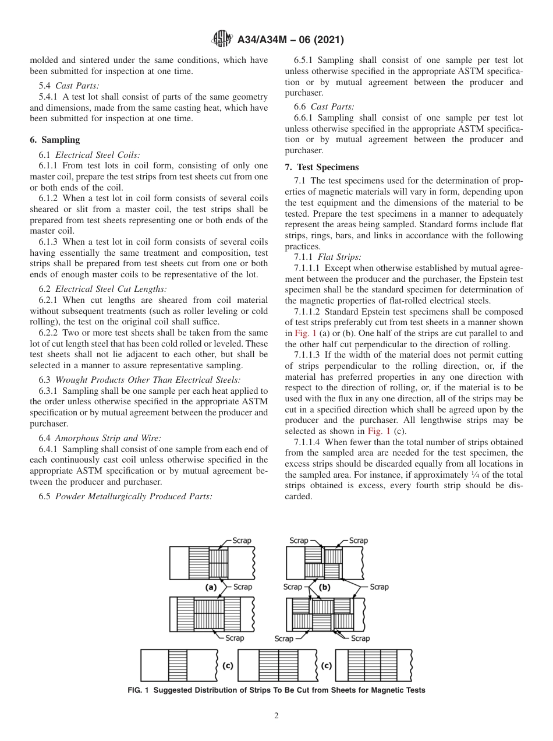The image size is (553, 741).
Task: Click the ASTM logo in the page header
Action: (222, 40)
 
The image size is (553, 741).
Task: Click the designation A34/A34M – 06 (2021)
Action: (290, 40)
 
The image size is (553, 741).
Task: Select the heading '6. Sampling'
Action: (55, 140)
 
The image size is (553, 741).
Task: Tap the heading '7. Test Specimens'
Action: (322, 167)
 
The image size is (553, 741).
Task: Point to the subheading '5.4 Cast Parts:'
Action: (69, 86)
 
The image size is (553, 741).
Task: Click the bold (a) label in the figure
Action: (211, 587)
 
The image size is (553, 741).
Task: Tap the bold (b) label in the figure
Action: (324, 587)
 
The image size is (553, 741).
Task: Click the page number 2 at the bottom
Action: (276, 716)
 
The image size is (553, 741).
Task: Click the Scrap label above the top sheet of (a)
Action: (242, 541)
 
